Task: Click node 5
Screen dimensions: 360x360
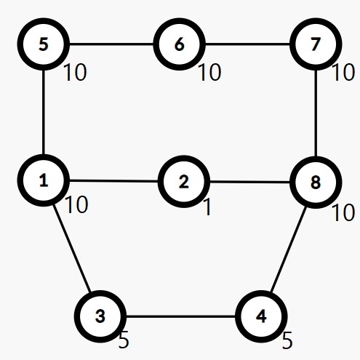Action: click(44, 44)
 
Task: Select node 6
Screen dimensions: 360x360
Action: click(179, 44)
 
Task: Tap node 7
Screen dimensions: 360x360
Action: click(316, 44)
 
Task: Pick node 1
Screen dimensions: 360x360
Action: click(44, 180)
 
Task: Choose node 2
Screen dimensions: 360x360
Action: click(184, 182)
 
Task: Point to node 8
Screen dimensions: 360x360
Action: click(316, 182)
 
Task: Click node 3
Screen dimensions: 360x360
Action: click(100, 316)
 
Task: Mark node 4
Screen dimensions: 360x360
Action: click(261, 316)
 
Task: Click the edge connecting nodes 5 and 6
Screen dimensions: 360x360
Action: click(111, 44)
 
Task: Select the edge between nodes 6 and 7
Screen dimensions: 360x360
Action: click(247, 44)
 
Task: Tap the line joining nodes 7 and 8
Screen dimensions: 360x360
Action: click(316, 113)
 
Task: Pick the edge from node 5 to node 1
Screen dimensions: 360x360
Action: click(44, 112)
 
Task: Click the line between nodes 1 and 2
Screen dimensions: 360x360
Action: click(113, 181)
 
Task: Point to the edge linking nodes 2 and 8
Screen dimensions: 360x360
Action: click(249, 182)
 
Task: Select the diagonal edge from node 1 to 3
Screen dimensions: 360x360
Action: click(72, 249)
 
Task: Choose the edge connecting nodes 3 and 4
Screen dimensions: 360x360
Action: click(180, 316)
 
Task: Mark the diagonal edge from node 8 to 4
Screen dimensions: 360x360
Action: click(289, 249)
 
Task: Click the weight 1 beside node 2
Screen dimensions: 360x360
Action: click(207, 207)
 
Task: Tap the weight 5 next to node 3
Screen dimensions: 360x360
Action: click(124, 340)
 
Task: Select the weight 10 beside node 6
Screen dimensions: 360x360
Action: click(209, 72)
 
